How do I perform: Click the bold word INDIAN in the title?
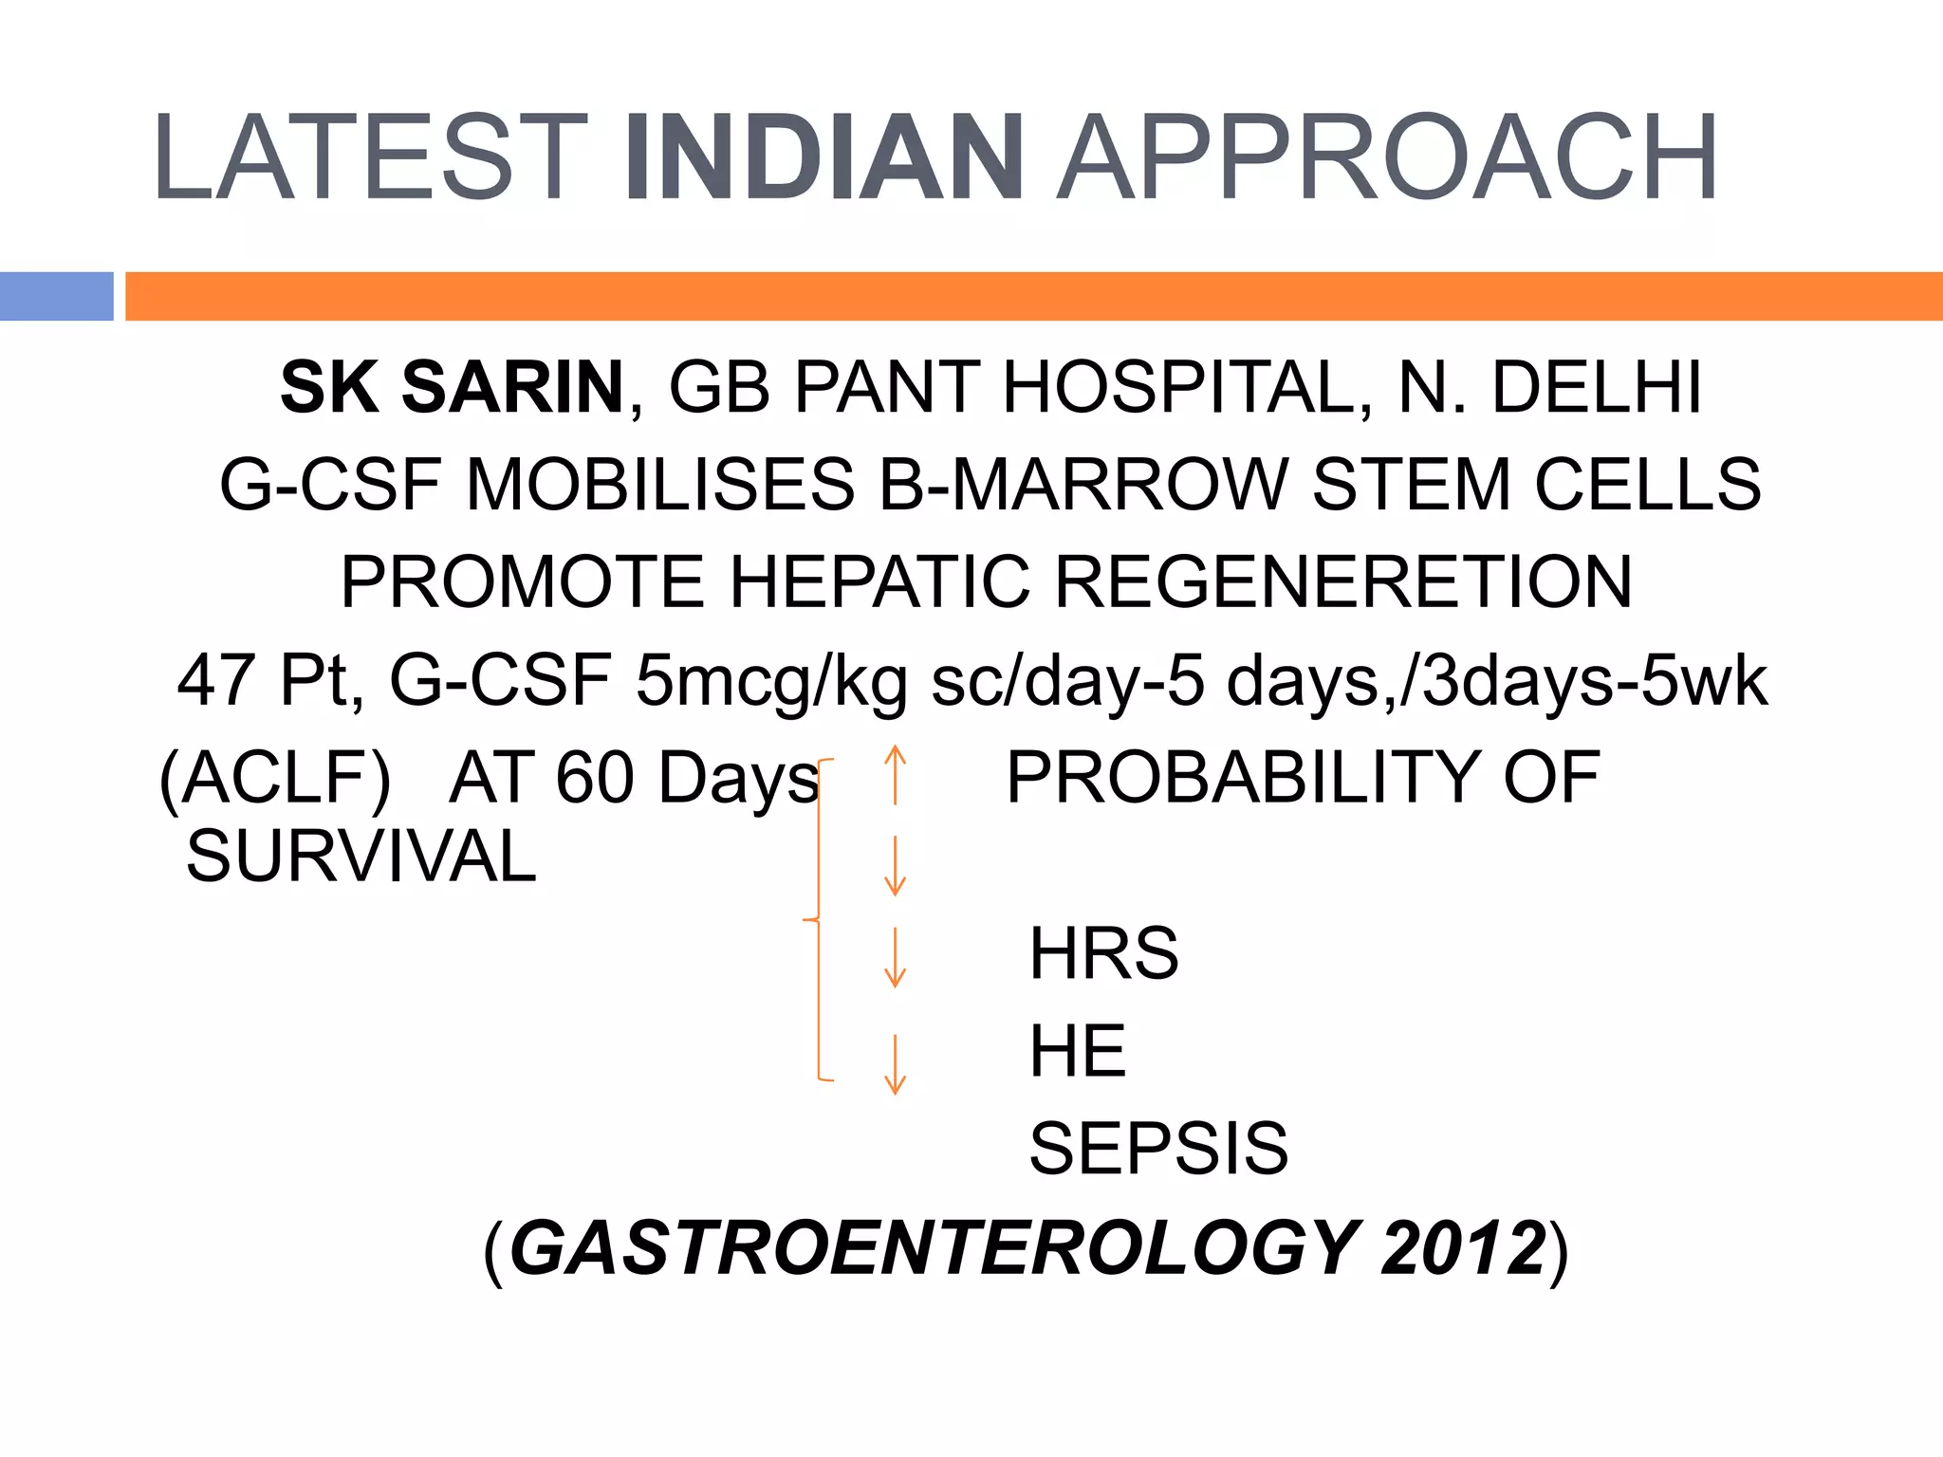point(823,158)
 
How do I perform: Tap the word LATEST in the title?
point(370,158)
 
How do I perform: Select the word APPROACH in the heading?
point(1387,158)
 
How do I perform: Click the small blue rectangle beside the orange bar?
point(56,296)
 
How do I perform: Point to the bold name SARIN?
point(512,387)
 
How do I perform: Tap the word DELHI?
point(1597,387)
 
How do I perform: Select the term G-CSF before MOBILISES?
point(330,485)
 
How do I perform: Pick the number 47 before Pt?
point(215,680)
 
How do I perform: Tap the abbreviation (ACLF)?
point(275,779)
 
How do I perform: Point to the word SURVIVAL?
point(361,857)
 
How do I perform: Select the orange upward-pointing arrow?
point(895,774)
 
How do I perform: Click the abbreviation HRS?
point(1104,953)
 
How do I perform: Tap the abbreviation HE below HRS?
point(1078,1051)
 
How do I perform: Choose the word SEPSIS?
point(1158,1149)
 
